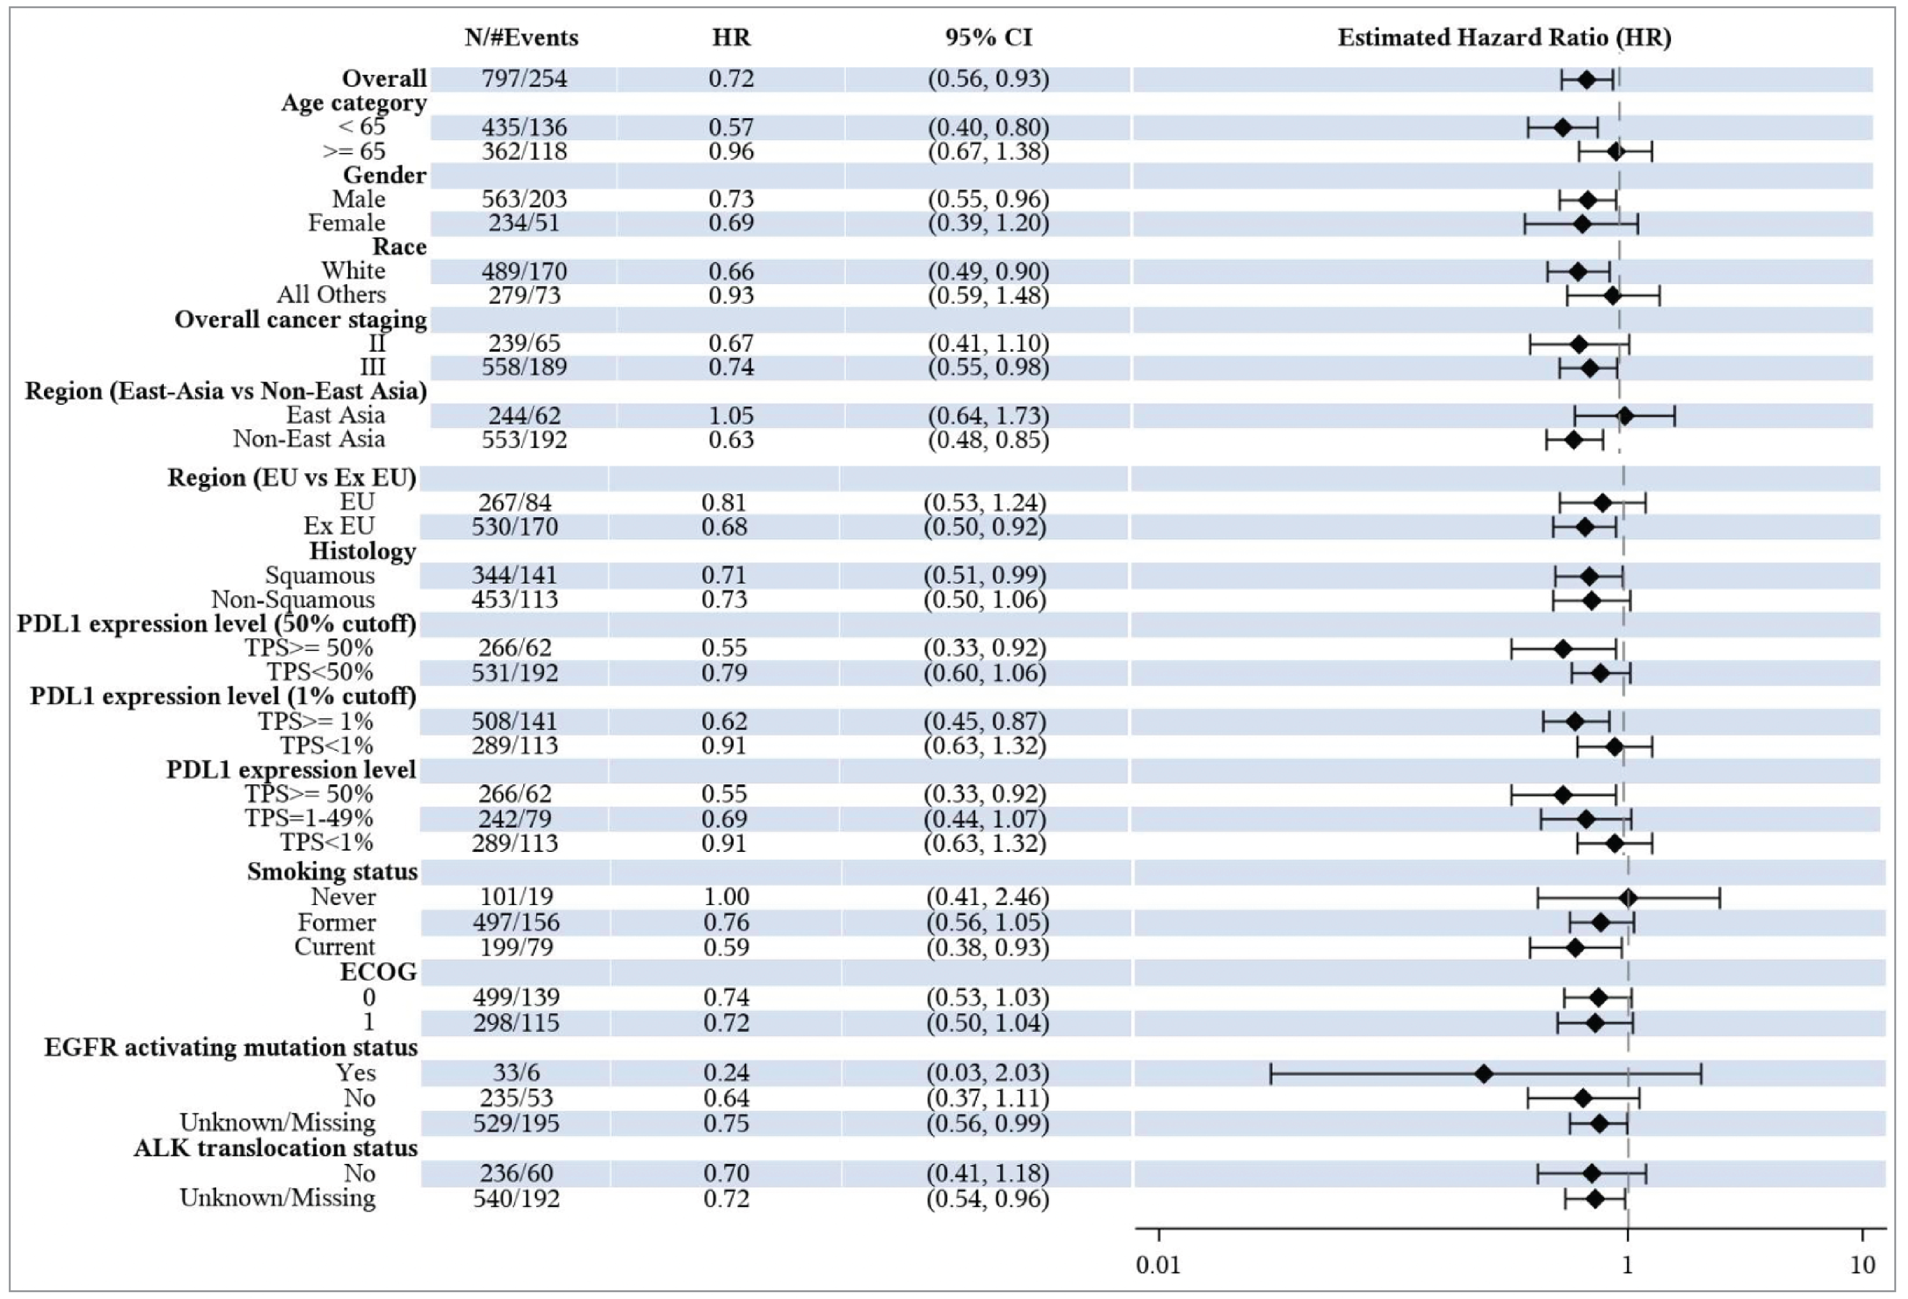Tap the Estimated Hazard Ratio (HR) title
pos(1504,38)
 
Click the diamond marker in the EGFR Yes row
pos(1484,1073)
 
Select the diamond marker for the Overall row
pos(1586,80)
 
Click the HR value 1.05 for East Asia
pos(731,415)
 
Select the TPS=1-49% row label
pos(309,819)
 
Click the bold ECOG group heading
pos(379,972)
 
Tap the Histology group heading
pos(362,551)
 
